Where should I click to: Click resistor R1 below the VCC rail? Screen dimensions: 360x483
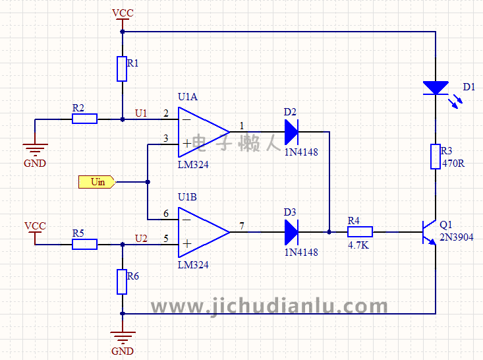pyautogui.click(x=122, y=69)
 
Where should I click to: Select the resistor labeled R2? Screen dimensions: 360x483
pyautogui.click(x=84, y=119)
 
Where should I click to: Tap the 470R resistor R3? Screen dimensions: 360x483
pyautogui.click(x=436, y=156)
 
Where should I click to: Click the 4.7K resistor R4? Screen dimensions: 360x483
pyautogui.click(x=360, y=231)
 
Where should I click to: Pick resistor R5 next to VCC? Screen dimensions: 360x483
pyautogui.click(x=84, y=244)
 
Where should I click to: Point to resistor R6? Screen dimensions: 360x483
pyautogui.click(x=122, y=282)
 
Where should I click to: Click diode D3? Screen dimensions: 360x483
pyautogui.click(x=291, y=231)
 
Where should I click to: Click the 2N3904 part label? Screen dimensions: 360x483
pyautogui.click(x=456, y=237)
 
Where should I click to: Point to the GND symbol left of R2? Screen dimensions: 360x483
pyautogui.click(x=35, y=150)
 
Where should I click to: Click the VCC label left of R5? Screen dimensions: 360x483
pyautogui.click(x=35, y=225)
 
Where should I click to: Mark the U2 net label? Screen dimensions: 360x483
pyautogui.click(x=141, y=238)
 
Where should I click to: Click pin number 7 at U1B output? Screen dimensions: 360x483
pyautogui.click(x=242, y=226)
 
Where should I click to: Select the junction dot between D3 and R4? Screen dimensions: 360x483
pyautogui.click(x=329, y=231)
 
